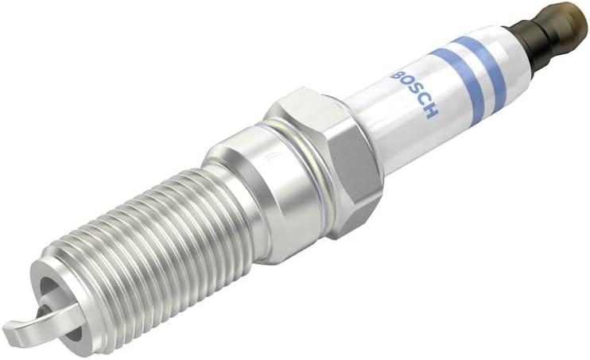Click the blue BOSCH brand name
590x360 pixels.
point(415,93)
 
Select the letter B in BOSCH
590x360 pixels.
point(397,75)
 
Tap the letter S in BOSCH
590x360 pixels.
point(414,93)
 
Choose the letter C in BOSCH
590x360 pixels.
point(423,102)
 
